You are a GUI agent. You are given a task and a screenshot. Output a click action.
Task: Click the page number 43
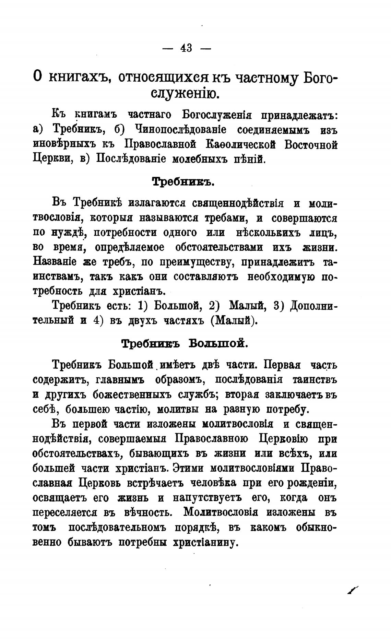(186, 48)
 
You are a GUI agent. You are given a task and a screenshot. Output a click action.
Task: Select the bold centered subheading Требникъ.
(183, 182)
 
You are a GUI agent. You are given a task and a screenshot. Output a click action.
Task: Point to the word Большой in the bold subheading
(218, 344)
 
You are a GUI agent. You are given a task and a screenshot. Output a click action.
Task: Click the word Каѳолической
(240, 145)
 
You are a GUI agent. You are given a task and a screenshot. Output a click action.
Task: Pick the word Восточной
(311, 145)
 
